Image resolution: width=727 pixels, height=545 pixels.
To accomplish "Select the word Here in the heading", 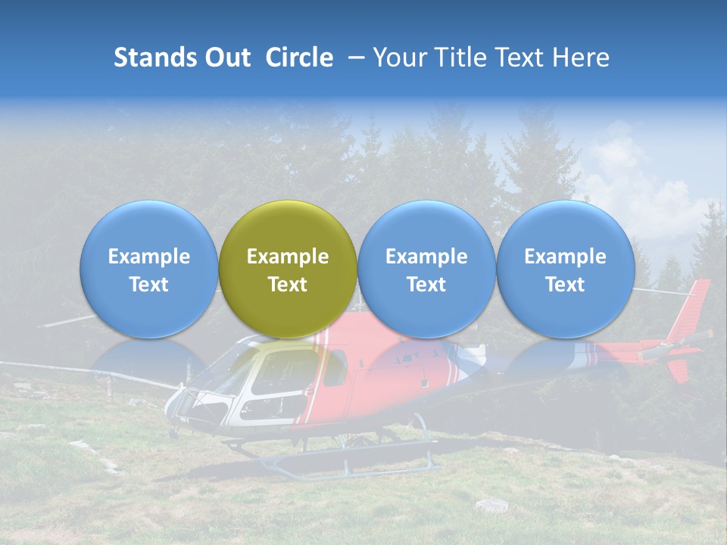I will pyautogui.click(x=582, y=58).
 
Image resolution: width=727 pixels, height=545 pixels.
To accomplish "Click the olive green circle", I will pyautogui.click(x=288, y=269).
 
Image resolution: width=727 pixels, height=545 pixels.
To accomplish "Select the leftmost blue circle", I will pyautogui.click(x=148, y=269).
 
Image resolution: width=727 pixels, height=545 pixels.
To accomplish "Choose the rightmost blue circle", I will pyautogui.click(x=565, y=269).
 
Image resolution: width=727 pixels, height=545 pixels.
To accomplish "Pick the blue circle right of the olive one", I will pyautogui.click(x=426, y=269).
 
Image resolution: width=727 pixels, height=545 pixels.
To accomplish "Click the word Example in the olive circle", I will pyautogui.click(x=288, y=257).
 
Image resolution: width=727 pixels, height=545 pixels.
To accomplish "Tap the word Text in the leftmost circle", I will pyautogui.click(x=148, y=285).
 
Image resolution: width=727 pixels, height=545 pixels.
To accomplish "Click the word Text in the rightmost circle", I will pyautogui.click(x=565, y=285).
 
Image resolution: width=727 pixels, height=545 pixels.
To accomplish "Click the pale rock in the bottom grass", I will pyautogui.click(x=491, y=504).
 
